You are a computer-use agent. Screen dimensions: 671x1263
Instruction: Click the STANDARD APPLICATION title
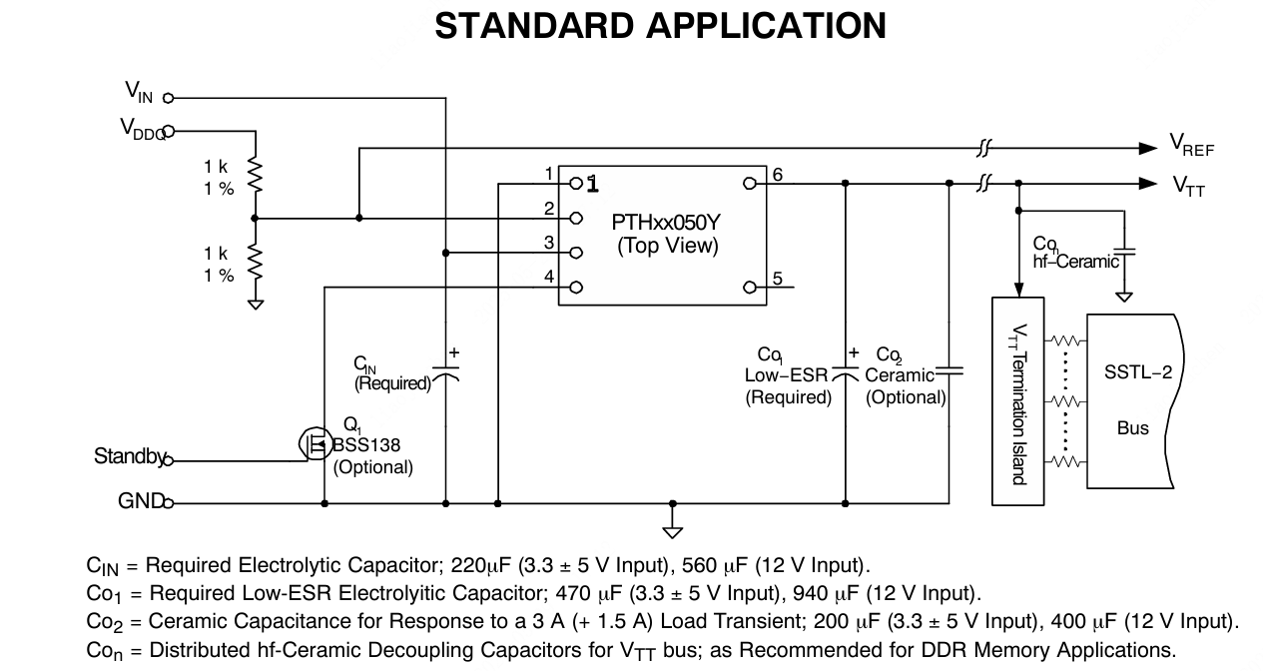[660, 26]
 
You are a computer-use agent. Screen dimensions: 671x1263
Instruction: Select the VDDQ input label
[142, 129]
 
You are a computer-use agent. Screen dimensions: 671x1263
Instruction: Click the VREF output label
[1192, 148]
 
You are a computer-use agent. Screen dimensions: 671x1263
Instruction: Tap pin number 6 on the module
[777, 175]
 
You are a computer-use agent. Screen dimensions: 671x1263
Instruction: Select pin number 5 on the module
[777, 279]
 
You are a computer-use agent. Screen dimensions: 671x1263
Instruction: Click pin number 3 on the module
[548, 242]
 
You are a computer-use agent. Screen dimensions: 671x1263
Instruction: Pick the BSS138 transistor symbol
[315, 443]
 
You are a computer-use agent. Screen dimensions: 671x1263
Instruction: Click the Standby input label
[128, 456]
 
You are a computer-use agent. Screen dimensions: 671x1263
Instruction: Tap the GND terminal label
[140, 501]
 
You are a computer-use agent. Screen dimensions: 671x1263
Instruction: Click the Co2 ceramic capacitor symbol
[948, 371]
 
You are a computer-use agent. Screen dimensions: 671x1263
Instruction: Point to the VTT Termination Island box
[1017, 400]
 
